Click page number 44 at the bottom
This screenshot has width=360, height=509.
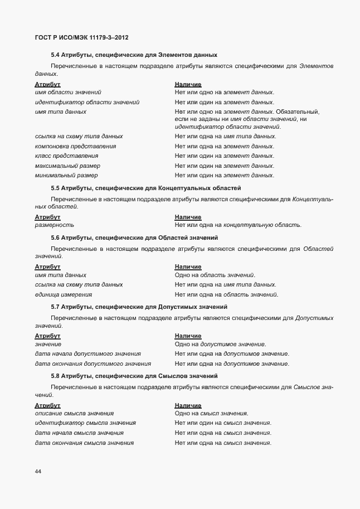[x=38, y=472]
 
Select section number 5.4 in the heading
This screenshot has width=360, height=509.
[x=55, y=55]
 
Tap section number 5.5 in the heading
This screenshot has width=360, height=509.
[x=55, y=188]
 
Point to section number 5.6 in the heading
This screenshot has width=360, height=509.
[x=55, y=237]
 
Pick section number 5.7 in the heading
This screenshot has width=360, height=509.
[x=55, y=307]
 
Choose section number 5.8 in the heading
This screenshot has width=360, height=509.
[x=55, y=376]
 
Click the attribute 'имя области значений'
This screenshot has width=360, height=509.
[x=68, y=92]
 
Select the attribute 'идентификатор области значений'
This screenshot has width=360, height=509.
[x=87, y=102]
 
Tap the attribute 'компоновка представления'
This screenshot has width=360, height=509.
[x=76, y=146]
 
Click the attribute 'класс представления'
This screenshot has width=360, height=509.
[x=66, y=156]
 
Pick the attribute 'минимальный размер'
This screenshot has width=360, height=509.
[x=66, y=176]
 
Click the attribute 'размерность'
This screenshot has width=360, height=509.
[x=54, y=225]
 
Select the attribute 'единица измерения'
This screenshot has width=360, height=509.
[x=64, y=294]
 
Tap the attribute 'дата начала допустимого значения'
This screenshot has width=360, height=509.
[x=87, y=354]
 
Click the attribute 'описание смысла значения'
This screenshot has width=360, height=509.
[x=74, y=414]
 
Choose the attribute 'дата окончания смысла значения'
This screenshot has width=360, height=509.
[x=84, y=443]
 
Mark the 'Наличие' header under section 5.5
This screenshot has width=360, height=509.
[x=188, y=217]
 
